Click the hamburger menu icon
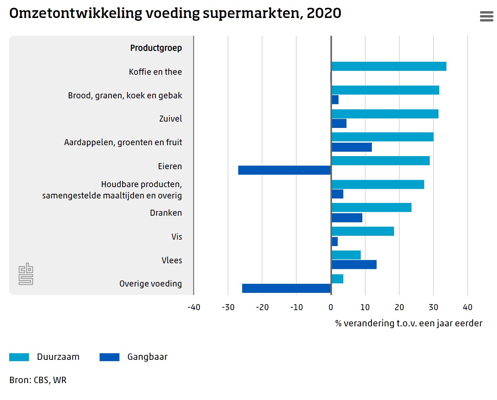click(x=486, y=16)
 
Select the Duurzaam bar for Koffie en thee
click(x=389, y=66)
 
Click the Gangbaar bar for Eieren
click(x=284, y=170)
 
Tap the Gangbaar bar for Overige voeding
click(x=286, y=288)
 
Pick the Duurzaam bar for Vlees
click(x=346, y=255)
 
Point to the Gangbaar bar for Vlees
click(x=354, y=264)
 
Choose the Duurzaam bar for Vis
click(x=363, y=231)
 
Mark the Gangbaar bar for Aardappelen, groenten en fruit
click(x=352, y=147)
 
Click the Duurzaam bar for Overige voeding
click(x=337, y=279)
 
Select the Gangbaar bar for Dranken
click(x=347, y=218)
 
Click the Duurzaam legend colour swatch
click(x=19, y=357)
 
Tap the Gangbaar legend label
click(x=147, y=357)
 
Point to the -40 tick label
click(x=194, y=307)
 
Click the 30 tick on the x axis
click(x=434, y=307)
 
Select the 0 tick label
click(x=331, y=307)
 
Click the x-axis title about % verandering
click(x=409, y=323)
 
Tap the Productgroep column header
click(x=156, y=48)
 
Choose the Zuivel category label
click(x=171, y=119)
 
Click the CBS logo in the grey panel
click(x=26, y=274)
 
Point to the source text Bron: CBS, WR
click(x=38, y=380)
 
